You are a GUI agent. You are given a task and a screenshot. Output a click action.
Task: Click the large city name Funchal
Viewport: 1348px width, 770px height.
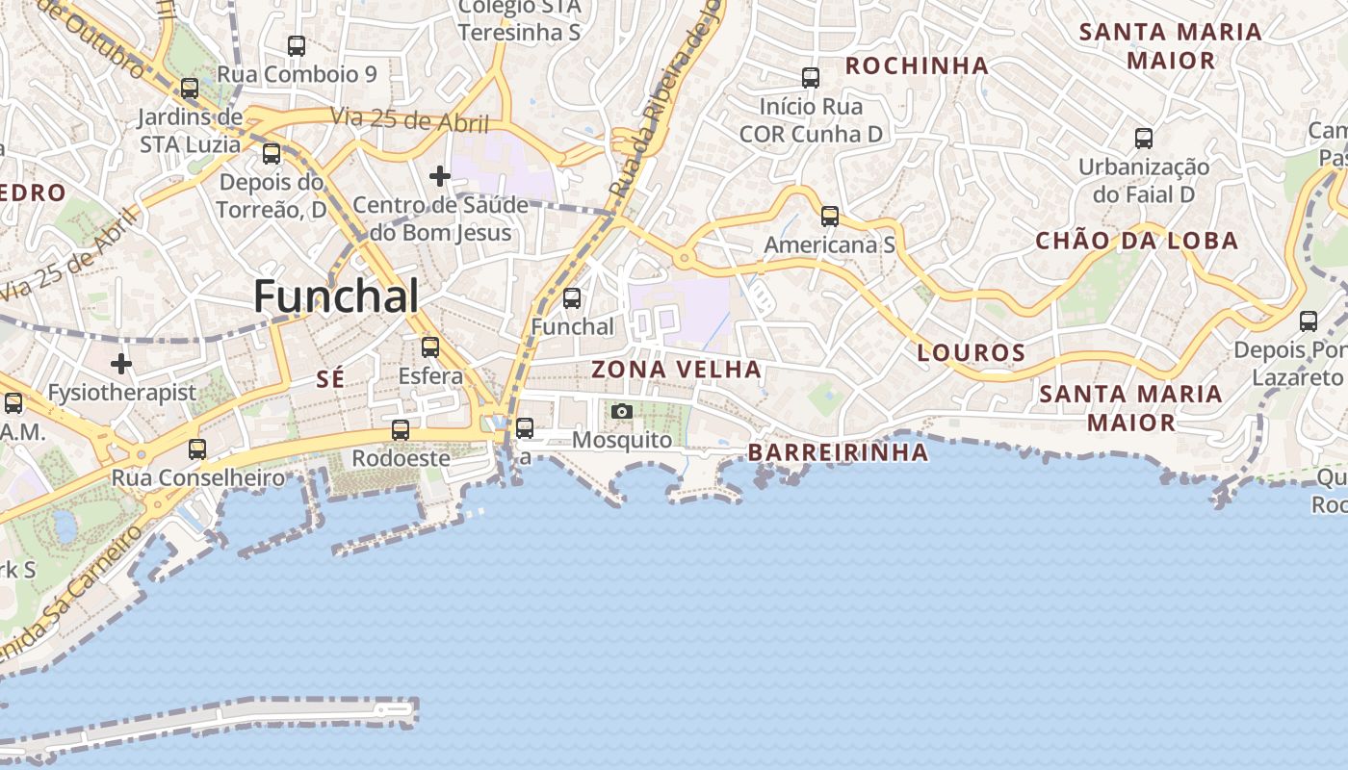(x=336, y=296)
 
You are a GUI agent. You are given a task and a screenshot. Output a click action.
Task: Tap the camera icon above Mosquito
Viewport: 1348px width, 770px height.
(x=622, y=412)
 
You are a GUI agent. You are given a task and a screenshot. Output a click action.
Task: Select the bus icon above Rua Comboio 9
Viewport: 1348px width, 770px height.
(x=297, y=45)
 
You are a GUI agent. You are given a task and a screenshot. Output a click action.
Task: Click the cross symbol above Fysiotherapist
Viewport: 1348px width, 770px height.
(x=121, y=364)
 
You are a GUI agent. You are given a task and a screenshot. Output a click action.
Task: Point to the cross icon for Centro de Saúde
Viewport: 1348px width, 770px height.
(x=440, y=176)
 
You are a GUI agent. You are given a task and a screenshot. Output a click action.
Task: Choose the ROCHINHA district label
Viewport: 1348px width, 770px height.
(x=917, y=65)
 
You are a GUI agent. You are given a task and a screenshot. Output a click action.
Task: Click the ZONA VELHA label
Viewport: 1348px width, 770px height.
(x=676, y=370)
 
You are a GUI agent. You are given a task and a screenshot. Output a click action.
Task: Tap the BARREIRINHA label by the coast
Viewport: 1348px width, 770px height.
(x=838, y=452)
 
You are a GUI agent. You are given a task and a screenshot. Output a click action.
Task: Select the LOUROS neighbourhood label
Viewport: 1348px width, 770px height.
(x=971, y=352)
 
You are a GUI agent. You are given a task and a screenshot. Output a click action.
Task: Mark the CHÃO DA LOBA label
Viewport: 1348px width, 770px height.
(x=1136, y=241)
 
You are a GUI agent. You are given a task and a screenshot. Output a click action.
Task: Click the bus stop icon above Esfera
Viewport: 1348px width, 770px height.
(x=430, y=346)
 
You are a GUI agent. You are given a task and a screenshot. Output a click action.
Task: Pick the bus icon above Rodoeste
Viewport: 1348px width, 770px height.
(x=401, y=429)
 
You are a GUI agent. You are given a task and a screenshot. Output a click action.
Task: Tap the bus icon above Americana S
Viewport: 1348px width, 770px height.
(x=830, y=217)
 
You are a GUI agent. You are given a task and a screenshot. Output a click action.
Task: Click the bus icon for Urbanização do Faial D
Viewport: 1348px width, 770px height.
(x=1144, y=138)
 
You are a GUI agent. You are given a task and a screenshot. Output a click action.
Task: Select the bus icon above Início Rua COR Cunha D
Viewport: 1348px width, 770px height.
(x=811, y=77)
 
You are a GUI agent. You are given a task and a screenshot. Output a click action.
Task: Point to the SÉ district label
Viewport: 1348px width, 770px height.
(x=330, y=379)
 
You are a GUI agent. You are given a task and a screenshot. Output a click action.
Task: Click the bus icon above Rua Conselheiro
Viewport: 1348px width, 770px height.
(x=197, y=449)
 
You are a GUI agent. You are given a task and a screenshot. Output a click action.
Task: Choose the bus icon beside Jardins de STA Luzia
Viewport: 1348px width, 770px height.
(x=190, y=89)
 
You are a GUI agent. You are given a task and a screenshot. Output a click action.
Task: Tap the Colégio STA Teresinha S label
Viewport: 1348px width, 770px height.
(x=519, y=19)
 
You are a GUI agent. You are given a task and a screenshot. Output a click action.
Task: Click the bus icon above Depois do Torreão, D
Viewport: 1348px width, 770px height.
(x=272, y=153)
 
